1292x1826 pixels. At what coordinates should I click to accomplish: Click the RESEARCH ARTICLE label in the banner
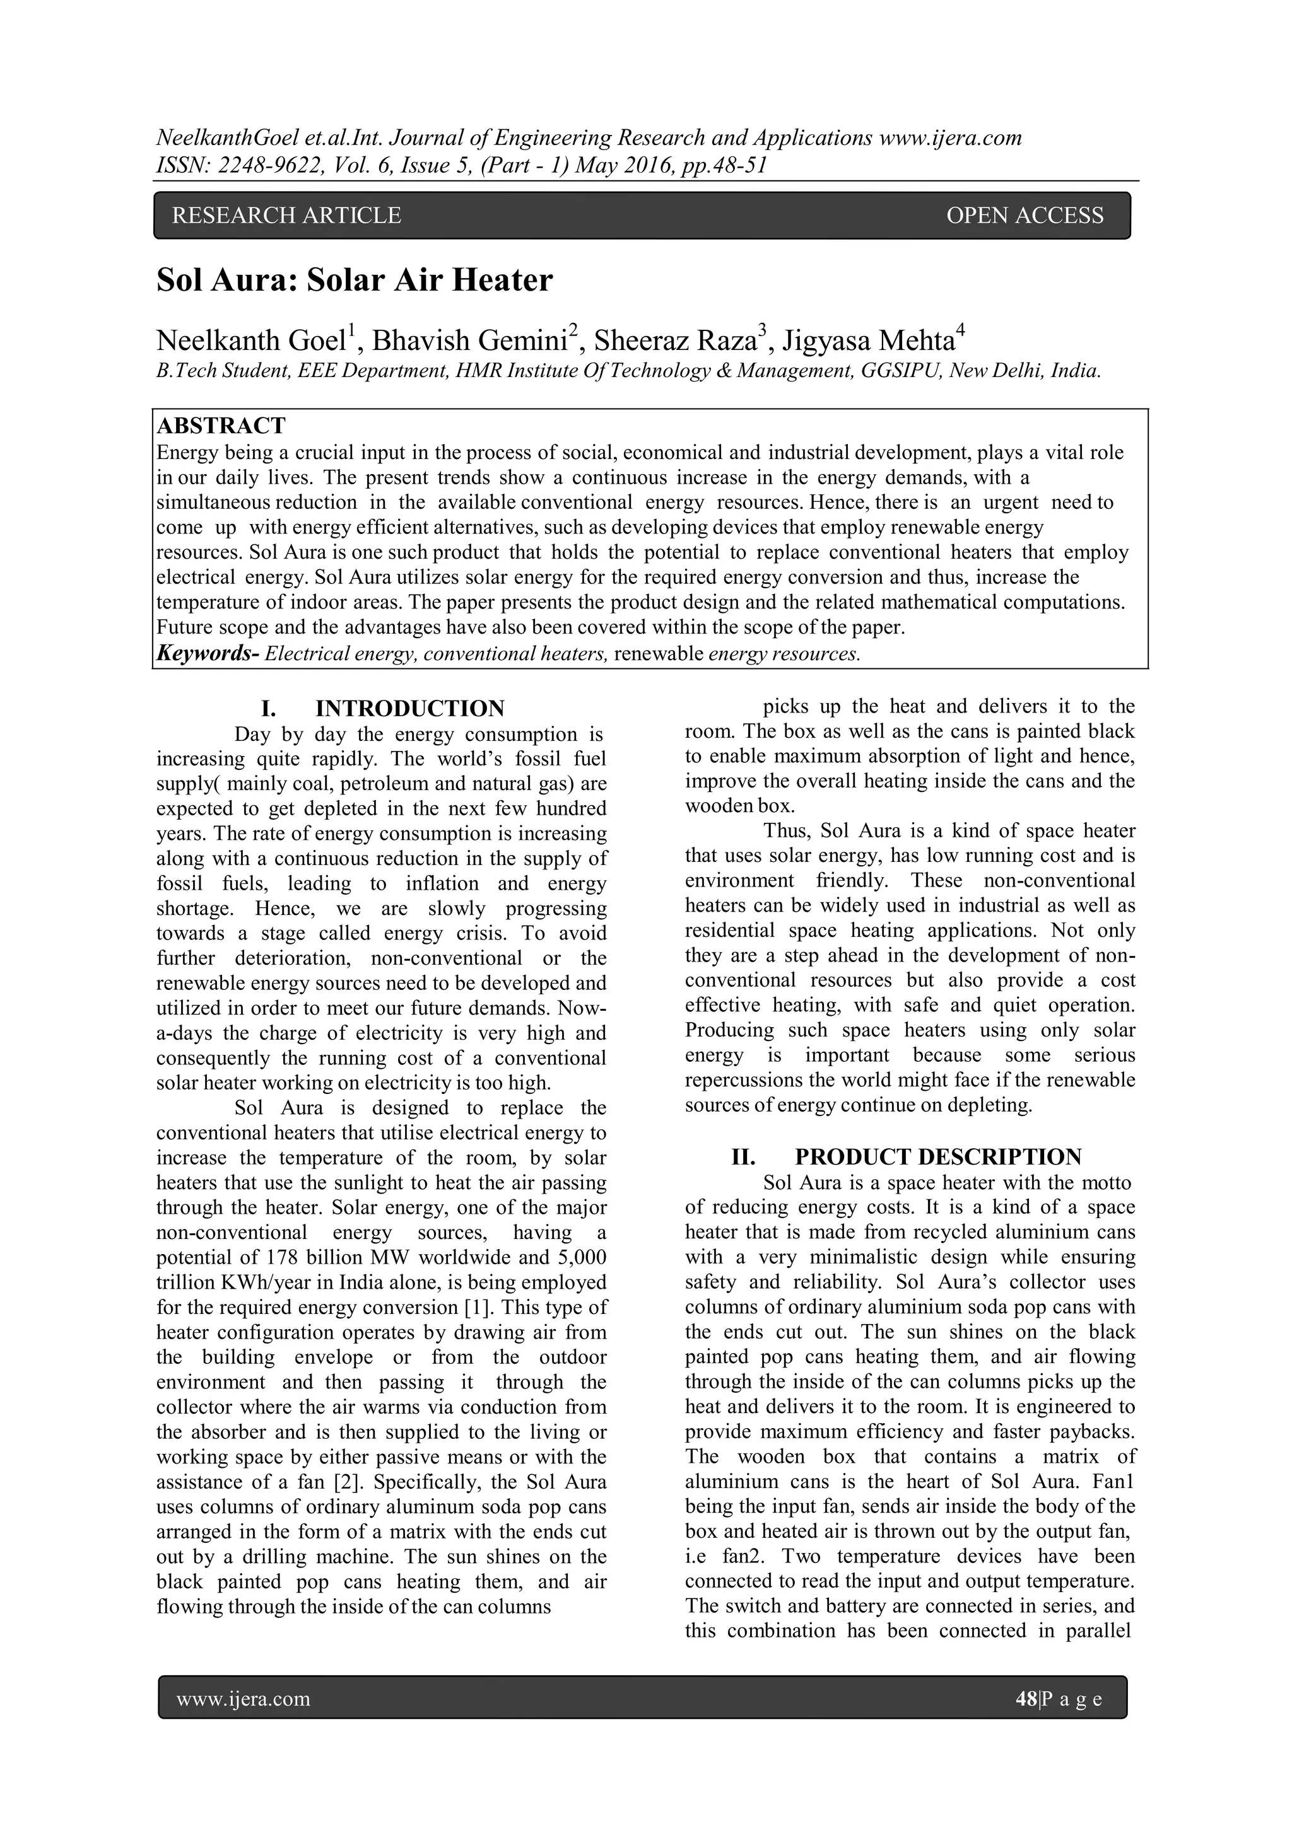pos(286,216)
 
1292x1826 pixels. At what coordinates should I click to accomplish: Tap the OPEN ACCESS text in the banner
pos(1025,216)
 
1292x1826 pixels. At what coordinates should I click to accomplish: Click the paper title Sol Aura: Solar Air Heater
pos(354,281)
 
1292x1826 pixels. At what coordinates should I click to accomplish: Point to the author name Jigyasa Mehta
pos(868,341)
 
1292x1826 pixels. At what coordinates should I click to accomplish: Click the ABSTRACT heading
pos(221,426)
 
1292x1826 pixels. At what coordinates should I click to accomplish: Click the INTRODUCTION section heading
pos(409,708)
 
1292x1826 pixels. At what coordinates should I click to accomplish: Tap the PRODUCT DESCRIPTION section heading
pos(938,1156)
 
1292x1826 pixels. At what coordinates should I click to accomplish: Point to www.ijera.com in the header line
pos(950,138)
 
